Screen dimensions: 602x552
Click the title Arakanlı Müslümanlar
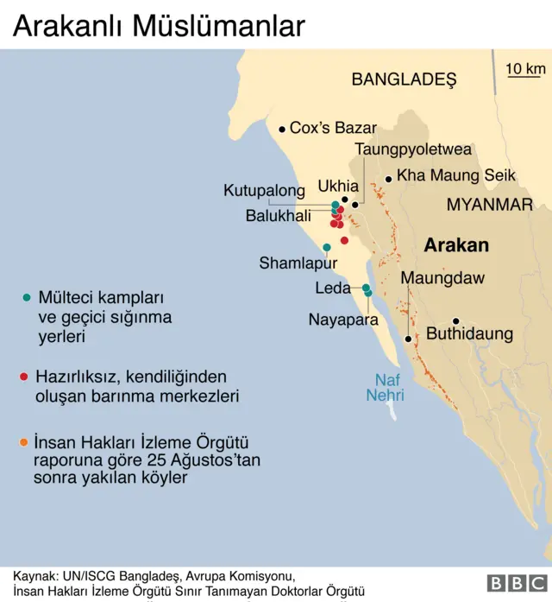[159, 26]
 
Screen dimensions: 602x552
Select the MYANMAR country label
[490, 205]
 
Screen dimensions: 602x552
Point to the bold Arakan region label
[456, 245]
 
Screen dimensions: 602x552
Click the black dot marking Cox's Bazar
[281, 130]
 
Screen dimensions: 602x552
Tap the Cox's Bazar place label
[333, 129]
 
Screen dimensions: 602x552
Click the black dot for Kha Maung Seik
[389, 179]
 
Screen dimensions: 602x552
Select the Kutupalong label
[264, 190]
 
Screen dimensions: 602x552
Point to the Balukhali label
[278, 216]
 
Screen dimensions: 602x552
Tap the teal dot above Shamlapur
[327, 247]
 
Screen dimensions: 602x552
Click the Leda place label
[333, 288]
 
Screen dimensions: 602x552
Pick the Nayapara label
[343, 320]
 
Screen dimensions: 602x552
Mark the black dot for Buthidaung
[456, 320]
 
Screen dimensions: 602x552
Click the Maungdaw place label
[442, 279]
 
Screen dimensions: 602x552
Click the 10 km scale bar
[524, 76]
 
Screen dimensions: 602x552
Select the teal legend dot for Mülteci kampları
[26, 297]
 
